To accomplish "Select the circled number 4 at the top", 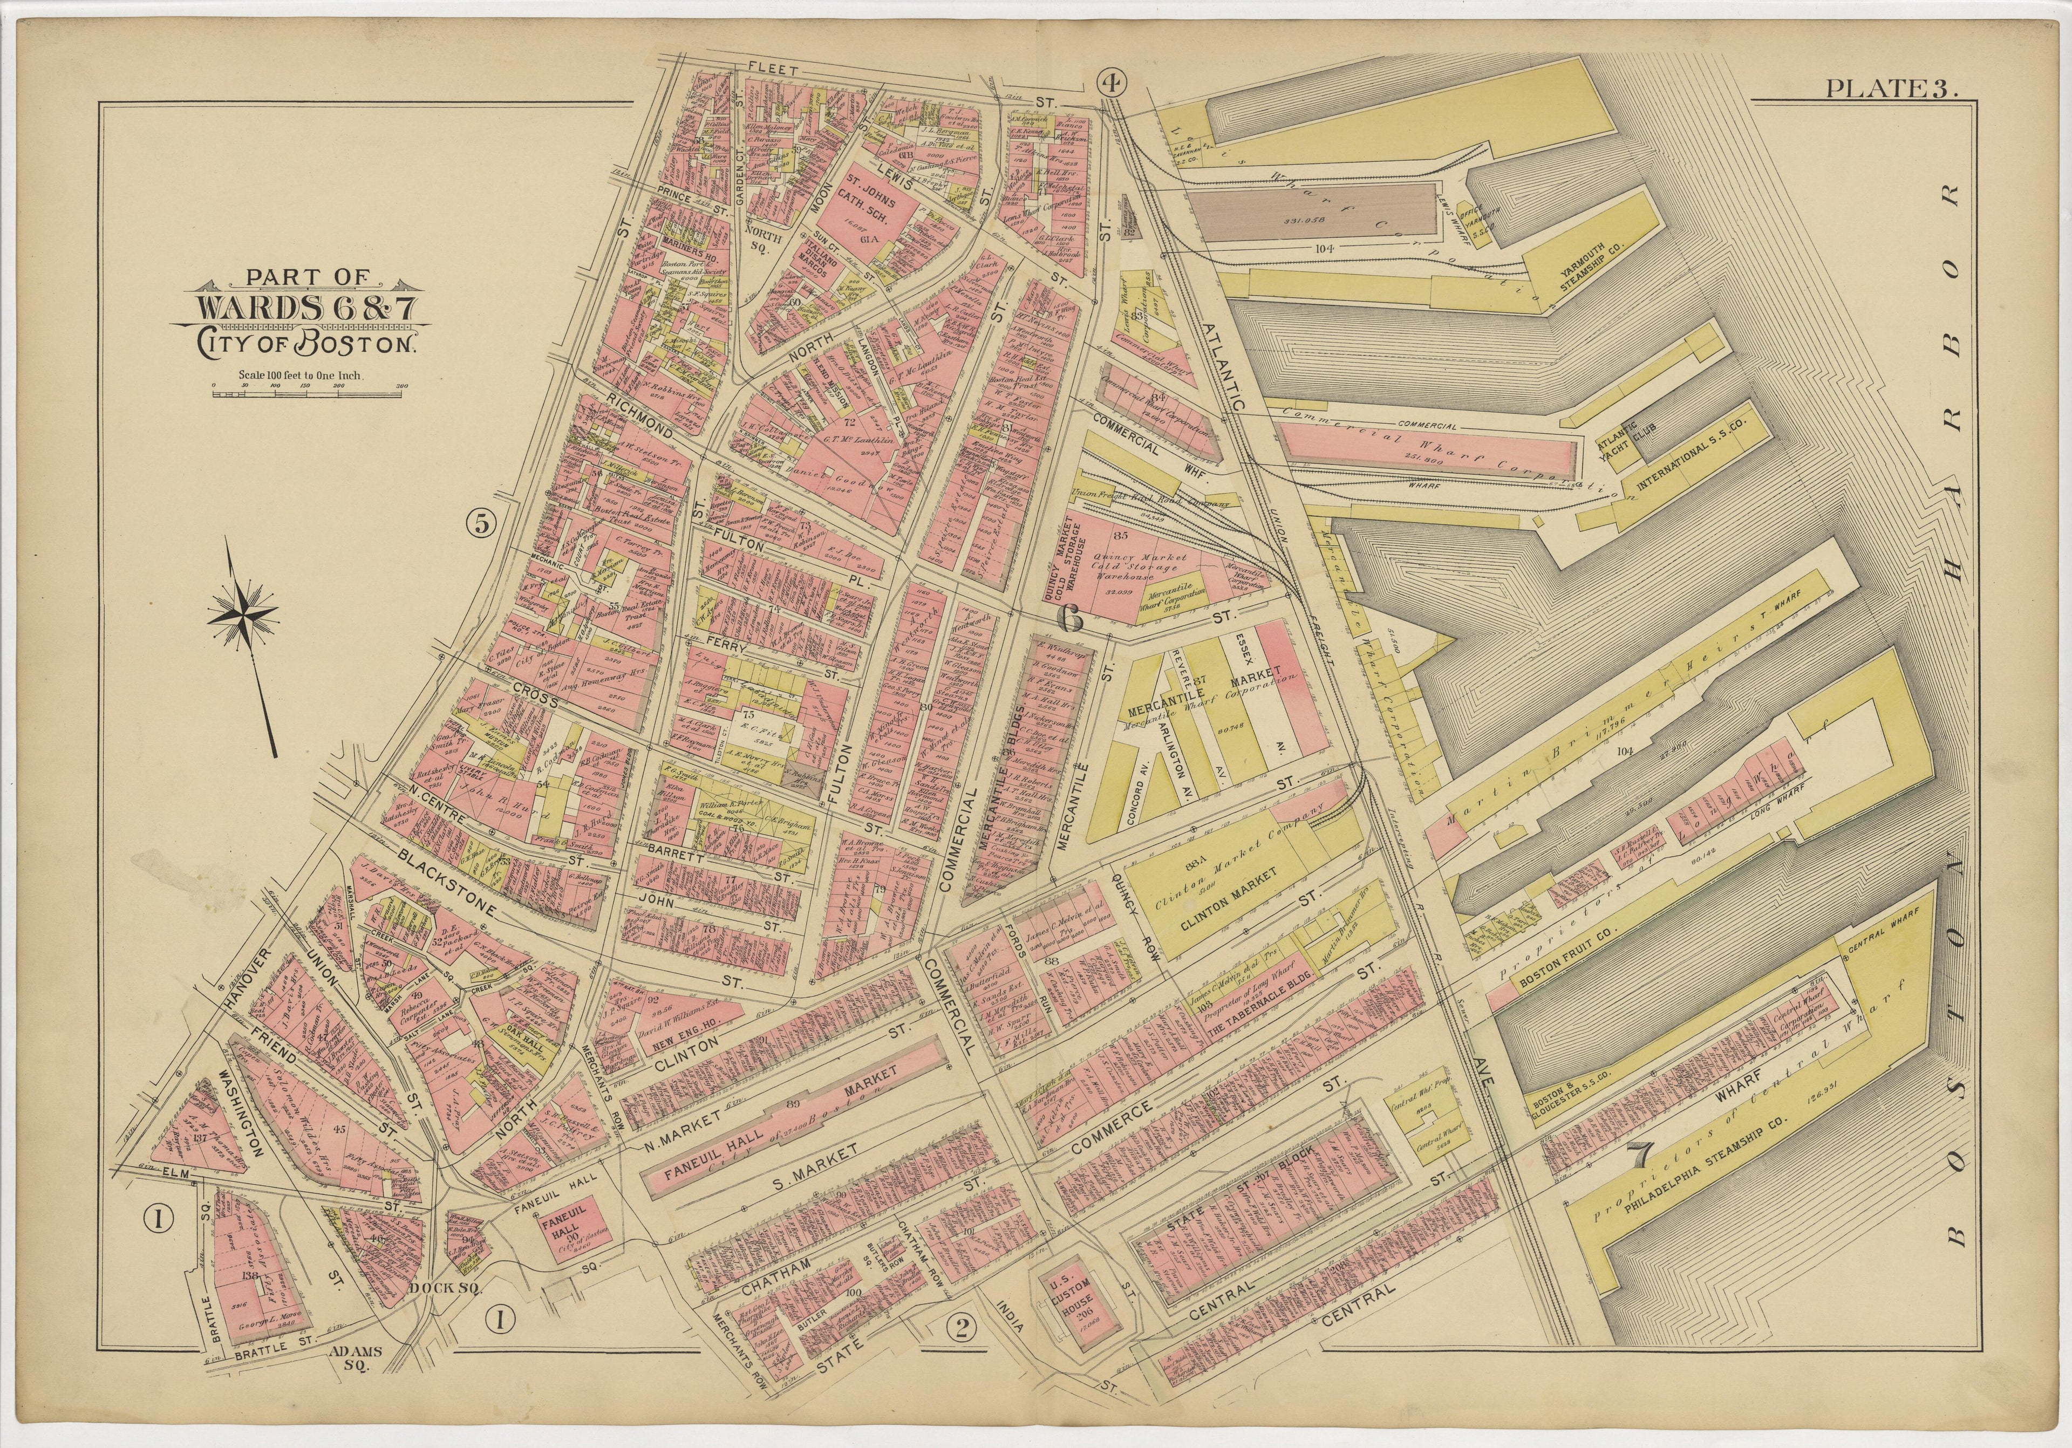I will (1112, 83).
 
